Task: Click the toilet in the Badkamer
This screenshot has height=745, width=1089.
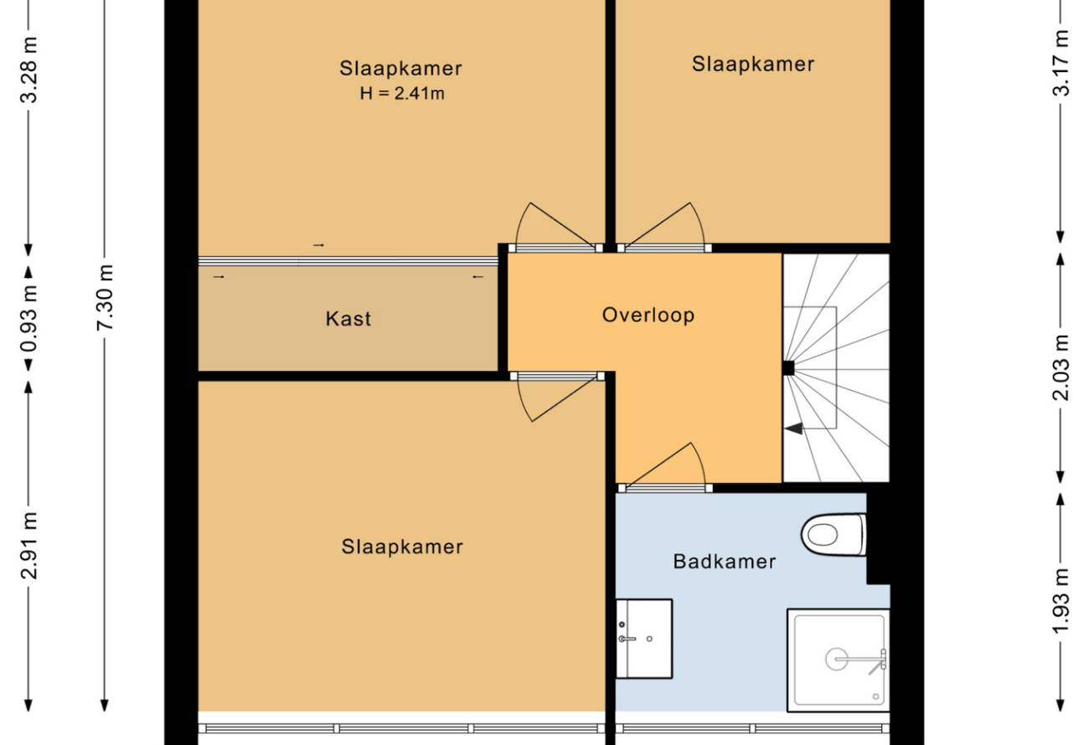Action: coord(834,534)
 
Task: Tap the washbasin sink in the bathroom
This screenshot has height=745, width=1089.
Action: coord(644,639)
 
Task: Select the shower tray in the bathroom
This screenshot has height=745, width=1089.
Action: coord(839,660)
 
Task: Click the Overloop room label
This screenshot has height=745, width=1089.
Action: coord(648,315)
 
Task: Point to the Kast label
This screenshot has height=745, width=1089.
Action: coord(348,319)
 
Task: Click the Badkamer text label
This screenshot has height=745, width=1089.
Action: coord(725,562)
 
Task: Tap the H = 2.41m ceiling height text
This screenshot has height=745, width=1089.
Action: coord(402,93)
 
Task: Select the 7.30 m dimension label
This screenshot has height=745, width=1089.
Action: coord(105,297)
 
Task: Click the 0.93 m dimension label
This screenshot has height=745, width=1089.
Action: coord(28,319)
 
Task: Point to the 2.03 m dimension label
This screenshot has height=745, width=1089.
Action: coord(1061,367)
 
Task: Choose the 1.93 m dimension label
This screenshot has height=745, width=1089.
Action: coord(1061,601)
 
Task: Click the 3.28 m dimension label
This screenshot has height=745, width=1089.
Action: coord(28,70)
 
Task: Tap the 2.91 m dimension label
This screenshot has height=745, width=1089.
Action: coord(28,546)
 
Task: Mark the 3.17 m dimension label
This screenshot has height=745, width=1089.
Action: coord(1061,63)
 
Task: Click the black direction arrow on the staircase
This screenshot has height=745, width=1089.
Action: coord(794,429)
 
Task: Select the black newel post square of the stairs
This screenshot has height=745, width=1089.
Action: coord(788,368)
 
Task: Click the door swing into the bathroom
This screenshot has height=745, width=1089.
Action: coord(666,465)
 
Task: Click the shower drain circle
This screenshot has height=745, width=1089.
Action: coord(836,659)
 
